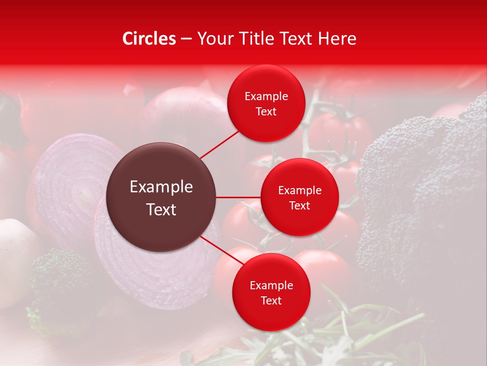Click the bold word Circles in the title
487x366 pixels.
[x=149, y=39]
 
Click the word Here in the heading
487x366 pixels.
[x=337, y=39]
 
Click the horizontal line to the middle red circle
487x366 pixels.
[x=238, y=197]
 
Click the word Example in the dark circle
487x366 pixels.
[x=161, y=187]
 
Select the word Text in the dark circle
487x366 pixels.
[x=161, y=209]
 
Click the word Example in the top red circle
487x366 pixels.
[x=266, y=97]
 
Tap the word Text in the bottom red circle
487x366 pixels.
[x=271, y=300]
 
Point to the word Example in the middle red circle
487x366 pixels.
[x=299, y=191]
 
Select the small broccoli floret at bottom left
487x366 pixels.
[x=58, y=280]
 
